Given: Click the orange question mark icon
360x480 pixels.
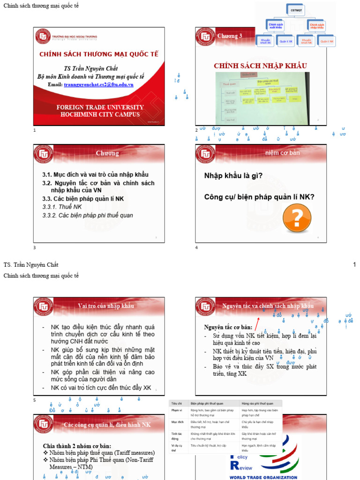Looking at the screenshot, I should click(x=297, y=218).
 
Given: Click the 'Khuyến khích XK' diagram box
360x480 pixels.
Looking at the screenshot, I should click(x=266, y=41).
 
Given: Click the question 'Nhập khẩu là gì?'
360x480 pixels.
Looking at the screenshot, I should click(x=233, y=176).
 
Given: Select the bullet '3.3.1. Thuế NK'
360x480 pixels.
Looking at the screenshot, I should click(x=62, y=207).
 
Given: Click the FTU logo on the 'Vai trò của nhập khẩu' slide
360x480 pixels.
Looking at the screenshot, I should click(x=44, y=307).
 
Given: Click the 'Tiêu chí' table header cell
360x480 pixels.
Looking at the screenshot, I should click(x=177, y=403).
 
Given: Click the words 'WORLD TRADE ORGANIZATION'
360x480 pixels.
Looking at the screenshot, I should click(x=263, y=477).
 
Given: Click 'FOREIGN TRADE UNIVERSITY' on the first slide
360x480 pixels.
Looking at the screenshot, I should click(x=100, y=107).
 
